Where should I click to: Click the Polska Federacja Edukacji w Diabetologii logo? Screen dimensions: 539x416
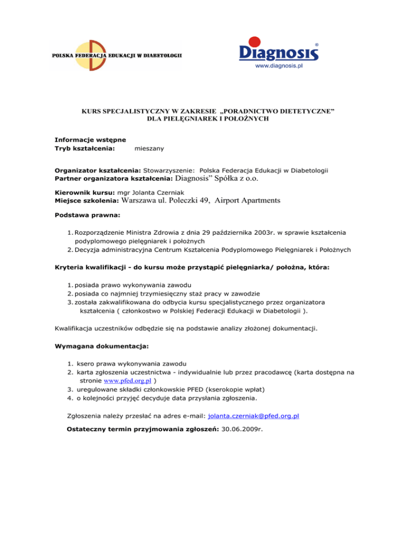[x=116, y=55]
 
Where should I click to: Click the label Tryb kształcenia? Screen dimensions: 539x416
[x=84, y=147]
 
